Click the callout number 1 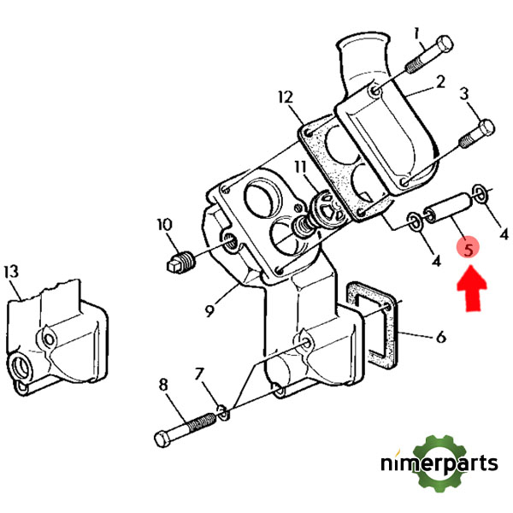pos(418,35)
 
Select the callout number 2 pos(440,83)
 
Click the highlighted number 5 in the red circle pos(469,249)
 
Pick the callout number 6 pos(439,339)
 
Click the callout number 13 pos(11,272)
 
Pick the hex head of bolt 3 pos(485,129)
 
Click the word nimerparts pos(439,465)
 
